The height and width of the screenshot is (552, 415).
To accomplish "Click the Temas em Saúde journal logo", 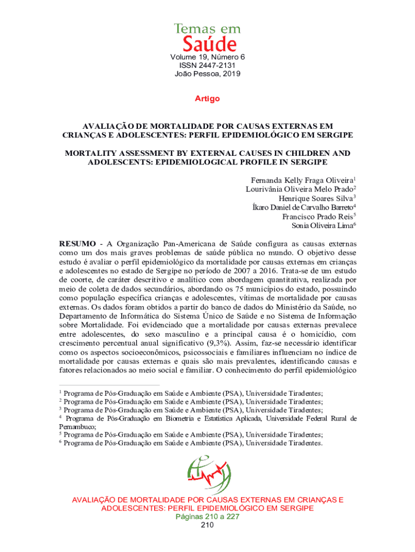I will (207, 37).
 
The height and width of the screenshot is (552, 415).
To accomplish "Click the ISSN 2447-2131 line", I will (207, 65).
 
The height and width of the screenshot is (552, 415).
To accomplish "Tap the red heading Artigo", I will (207, 99).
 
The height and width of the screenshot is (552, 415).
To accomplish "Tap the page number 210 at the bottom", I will (207, 525).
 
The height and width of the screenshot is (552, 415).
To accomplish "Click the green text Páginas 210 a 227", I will (207, 516).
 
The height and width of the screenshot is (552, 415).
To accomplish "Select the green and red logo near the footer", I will (207, 474).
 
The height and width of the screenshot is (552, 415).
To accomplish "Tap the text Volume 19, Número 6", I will (207, 57).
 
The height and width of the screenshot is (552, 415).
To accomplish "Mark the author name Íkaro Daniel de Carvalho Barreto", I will (302, 207).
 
